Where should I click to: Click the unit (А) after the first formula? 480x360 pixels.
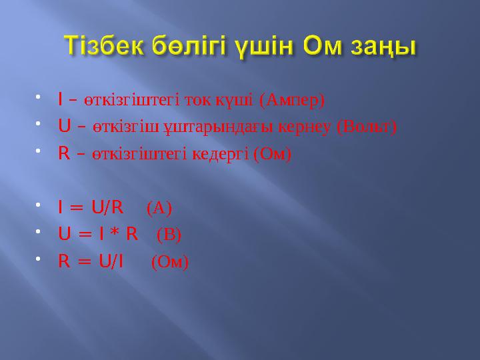pyautogui.click(x=159, y=209)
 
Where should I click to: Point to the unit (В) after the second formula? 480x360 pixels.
pyautogui.click(x=169, y=235)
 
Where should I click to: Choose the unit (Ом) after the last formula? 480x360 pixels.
pyautogui.click(x=170, y=262)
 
